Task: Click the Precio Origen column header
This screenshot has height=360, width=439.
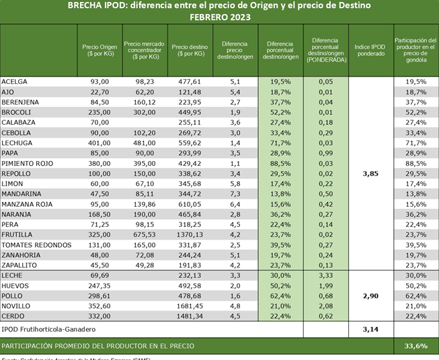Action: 99,50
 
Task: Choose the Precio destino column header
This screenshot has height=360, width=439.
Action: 189,50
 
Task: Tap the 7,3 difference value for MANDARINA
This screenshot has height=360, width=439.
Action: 235,193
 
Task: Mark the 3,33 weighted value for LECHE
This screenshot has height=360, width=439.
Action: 325,276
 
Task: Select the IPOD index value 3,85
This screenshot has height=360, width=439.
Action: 370,173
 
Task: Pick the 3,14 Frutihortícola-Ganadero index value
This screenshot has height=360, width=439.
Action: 370,329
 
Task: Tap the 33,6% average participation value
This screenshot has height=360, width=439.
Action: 415,346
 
